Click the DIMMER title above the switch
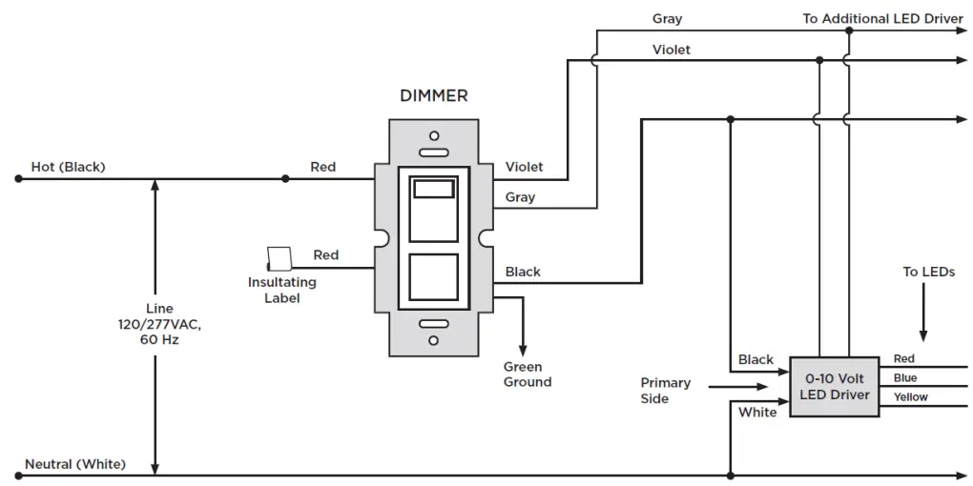tap(434, 96)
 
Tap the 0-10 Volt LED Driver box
tap(835, 387)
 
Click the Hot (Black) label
tap(69, 167)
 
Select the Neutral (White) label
tap(75, 464)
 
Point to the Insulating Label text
tap(282, 290)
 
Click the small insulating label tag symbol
tap(279, 259)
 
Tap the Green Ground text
tap(528, 375)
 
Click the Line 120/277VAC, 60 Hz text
tap(160, 324)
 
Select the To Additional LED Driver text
tap(883, 19)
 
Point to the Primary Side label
tap(665, 391)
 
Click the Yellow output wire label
tap(910, 397)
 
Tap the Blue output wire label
tap(905, 378)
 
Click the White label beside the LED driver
tap(757, 413)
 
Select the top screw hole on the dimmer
tap(434, 135)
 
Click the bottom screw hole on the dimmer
tap(434, 340)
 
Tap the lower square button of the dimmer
tap(434, 277)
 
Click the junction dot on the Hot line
tap(285, 178)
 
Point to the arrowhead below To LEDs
tap(923, 335)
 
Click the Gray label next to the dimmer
tap(520, 197)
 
